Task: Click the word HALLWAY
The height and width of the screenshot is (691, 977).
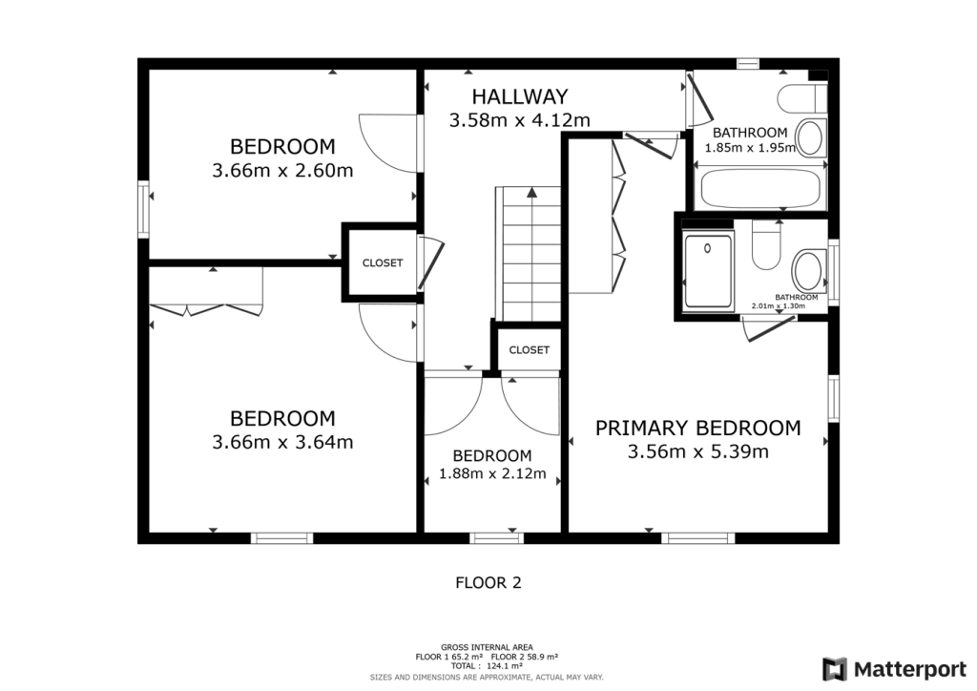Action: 520,96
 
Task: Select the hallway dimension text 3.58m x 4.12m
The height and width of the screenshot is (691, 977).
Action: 520,120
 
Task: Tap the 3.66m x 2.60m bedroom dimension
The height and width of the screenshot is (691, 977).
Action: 282,172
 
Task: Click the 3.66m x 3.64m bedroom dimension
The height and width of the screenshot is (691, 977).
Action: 282,443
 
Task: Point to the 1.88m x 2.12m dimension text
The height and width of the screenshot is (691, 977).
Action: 492,474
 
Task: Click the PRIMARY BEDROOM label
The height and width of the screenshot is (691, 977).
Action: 698,428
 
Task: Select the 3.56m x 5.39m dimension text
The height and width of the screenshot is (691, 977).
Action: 698,451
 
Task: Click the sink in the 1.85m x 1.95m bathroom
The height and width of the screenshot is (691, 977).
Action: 810,137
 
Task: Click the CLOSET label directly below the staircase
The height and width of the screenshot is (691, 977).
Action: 529,350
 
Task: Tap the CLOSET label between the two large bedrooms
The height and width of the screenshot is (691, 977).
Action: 382,263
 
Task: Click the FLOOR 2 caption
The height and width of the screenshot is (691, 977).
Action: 488,581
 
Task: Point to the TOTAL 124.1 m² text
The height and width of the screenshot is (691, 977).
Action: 487,666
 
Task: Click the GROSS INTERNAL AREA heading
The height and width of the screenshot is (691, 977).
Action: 487,647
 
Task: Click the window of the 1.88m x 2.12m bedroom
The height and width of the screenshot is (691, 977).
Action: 498,538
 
